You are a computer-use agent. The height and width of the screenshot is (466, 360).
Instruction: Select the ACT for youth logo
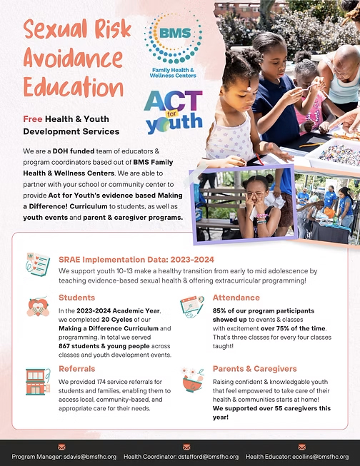pyautogui.click(x=173, y=111)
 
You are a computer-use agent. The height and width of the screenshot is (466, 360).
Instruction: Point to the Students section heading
pyautogui.click(x=77, y=298)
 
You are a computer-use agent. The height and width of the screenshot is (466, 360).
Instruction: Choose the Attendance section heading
pyautogui.click(x=236, y=298)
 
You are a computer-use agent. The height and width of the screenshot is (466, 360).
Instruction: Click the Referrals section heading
pyautogui.click(x=77, y=369)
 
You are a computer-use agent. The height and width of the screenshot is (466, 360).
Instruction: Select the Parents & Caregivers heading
pyautogui.click(x=254, y=369)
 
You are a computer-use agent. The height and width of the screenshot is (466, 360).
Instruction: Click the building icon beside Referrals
pyautogui.click(x=37, y=382)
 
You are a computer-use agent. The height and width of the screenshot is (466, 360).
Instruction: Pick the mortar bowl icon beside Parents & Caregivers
pyautogui.click(x=191, y=380)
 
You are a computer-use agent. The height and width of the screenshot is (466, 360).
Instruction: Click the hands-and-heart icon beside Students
pyautogui.click(x=37, y=307)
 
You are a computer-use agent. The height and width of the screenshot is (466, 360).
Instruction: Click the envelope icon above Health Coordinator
pyautogui.click(x=186, y=447)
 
